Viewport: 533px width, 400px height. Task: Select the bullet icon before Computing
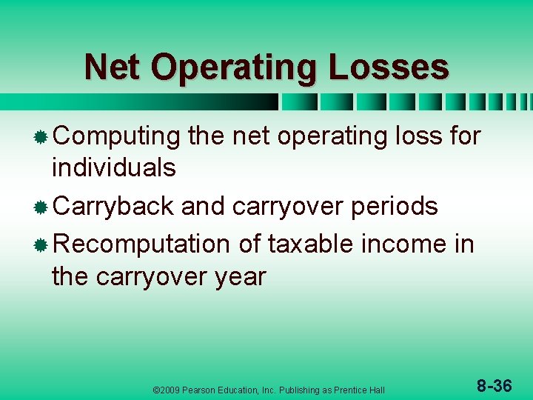click(x=41, y=137)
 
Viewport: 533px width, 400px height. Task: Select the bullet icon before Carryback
click(x=41, y=207)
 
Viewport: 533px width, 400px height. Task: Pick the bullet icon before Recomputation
click(x=41, y=244)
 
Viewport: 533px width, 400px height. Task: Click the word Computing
click(x=117, y=137)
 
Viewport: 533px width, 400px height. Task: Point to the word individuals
click(x=113, y=168)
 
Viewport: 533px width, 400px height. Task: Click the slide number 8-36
click(x=494, y=386)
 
